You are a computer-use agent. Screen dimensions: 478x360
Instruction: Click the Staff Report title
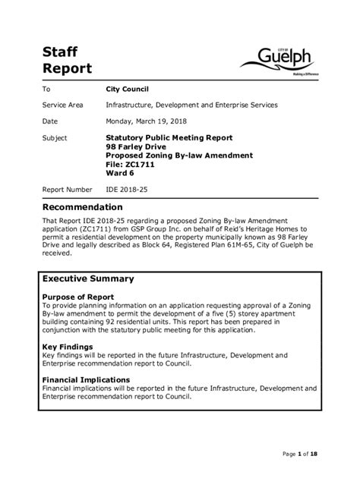coord(67,59)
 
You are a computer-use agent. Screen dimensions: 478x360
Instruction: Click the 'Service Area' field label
coord(62,105)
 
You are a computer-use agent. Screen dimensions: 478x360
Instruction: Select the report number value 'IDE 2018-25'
coord(128,190)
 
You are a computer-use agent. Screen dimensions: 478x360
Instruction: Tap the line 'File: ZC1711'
coord(131,164)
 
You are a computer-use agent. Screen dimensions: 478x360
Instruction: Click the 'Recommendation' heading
coord(82,207)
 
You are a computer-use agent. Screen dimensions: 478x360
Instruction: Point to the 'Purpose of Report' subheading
coord(77,297)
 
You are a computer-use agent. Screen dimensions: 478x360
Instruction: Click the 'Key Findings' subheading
coord(67,345)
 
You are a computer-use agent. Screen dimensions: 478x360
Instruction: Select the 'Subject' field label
coord(55,138)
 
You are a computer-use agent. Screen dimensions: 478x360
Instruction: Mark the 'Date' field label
coord(50,121)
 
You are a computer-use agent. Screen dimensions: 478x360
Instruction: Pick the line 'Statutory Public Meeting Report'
coord(169,138)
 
